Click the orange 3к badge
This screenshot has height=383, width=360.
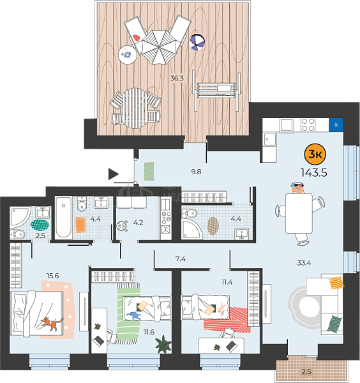(x=315, y=154)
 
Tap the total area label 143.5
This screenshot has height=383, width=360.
(x=314, y=173)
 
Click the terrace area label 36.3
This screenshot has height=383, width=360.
(x=177, y=78)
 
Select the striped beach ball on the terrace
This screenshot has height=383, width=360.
(x=197, y=42)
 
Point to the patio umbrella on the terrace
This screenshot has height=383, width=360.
(x=159, y=47)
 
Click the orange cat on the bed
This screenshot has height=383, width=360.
(x=52, y=324)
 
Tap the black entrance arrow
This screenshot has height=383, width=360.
(x=114, y=174)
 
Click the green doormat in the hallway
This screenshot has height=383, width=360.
(x=149, y=171)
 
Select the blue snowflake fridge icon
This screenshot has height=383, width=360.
(x=336, y=125)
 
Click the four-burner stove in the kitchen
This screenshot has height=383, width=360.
(x=308, y=125)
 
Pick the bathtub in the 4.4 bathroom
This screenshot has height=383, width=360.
(x=63, y=218)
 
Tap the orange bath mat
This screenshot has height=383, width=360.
(x=80, y=225)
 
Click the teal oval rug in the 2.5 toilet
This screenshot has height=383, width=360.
(x=40, y=225)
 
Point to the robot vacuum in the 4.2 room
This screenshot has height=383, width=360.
(x=122, y=226)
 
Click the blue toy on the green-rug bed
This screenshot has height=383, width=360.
(x=133, y=315)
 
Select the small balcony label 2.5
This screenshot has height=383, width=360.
(x=306, y=372)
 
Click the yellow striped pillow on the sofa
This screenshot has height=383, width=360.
(x=336, y=282)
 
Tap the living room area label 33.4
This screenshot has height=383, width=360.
(x=304, y=263)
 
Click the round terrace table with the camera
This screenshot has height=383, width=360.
(x=128, y=55)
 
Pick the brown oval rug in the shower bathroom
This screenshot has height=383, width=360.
(x=213, y=226)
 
